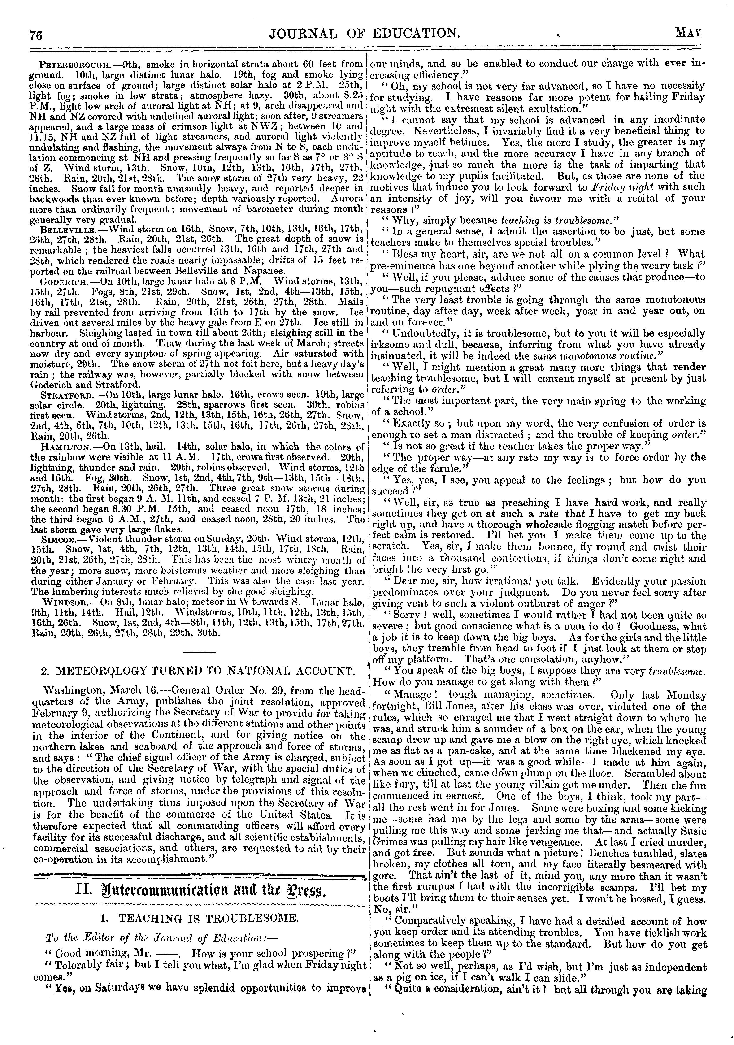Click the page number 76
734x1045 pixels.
click(35, 35)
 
